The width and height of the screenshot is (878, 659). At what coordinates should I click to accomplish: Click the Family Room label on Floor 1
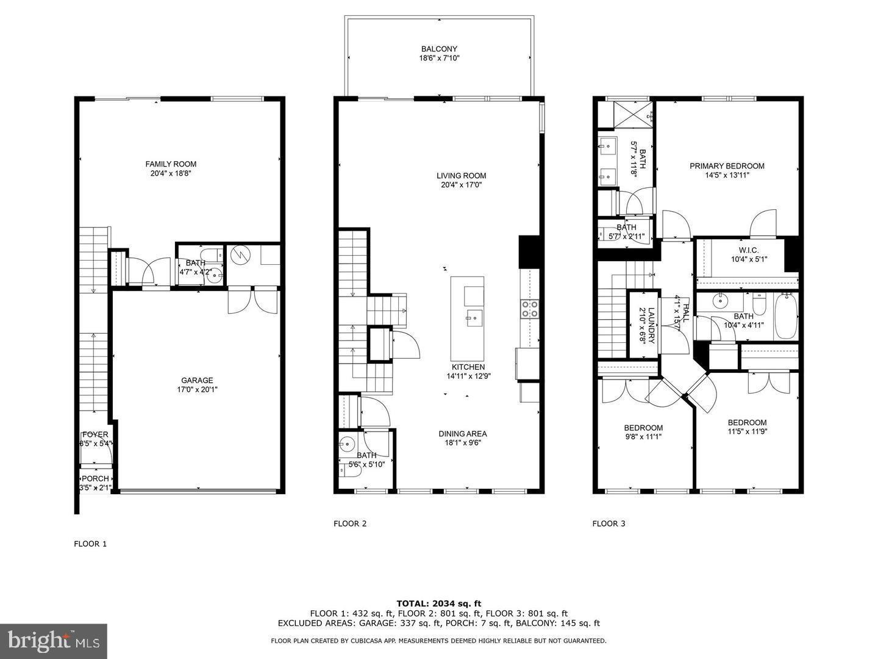click(171, 164)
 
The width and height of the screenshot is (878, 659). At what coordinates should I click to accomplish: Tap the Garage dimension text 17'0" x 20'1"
click(197, 389)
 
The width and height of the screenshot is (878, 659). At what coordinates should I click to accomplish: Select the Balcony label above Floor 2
click(439, 49)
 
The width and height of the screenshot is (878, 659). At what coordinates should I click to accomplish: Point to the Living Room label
click(461, 176)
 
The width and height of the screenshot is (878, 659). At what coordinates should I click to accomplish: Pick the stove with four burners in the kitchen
click(529, 309)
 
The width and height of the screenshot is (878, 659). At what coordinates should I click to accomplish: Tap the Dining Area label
click(463, 434)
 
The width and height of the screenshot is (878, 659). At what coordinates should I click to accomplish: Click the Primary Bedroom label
click(727, 166)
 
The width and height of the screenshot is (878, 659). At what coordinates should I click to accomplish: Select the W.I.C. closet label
click(749, 250)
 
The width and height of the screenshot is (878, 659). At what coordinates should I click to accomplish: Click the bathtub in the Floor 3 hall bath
click(786, 316)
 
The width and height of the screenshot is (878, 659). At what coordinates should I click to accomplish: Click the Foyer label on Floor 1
click(95, 434)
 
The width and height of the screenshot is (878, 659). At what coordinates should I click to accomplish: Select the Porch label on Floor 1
click(95, 478)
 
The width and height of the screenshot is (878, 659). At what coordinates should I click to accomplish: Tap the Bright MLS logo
click(54, 641)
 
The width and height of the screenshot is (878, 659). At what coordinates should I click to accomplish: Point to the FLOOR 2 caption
click(350, 523)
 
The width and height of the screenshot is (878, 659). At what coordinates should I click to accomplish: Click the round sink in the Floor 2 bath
click(348, 444)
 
